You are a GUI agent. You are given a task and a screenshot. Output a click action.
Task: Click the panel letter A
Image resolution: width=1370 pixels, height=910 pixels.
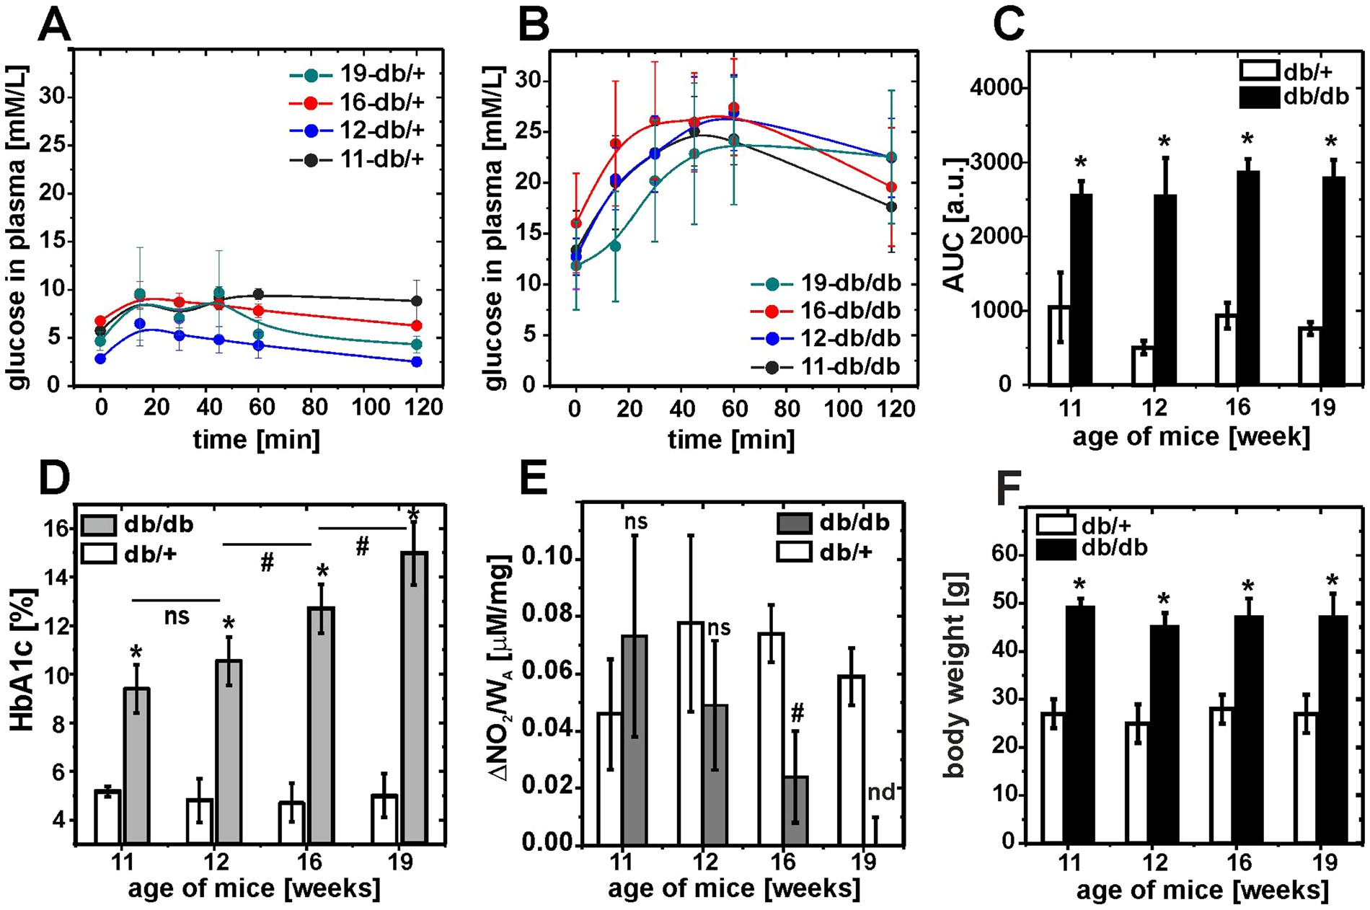[55, 27]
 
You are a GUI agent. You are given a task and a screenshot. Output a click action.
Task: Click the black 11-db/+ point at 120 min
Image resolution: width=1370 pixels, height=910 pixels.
[416, 301]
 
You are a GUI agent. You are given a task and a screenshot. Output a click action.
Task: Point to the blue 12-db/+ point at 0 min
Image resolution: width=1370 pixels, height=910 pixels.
[101, 358]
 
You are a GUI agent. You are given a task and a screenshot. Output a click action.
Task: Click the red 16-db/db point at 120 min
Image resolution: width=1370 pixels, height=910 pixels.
[891, 187]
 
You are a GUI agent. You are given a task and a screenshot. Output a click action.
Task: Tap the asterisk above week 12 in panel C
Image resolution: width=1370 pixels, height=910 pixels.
[1165, 142]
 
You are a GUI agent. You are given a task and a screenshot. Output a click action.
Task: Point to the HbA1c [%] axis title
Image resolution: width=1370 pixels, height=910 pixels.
[24, 661]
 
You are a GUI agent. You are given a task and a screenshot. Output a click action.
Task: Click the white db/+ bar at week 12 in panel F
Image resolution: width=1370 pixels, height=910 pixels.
[1136, 782]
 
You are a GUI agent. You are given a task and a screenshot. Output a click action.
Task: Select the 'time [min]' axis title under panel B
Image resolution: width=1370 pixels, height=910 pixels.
[731, 439]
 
